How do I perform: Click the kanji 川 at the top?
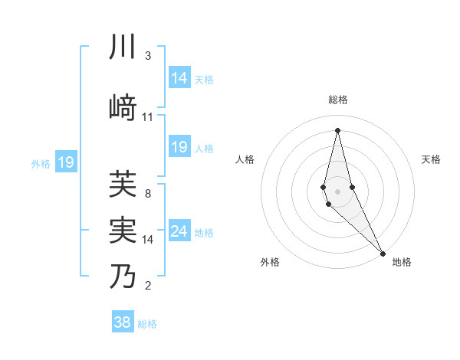123,48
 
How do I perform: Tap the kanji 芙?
123,184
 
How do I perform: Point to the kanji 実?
123,230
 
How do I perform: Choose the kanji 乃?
123,277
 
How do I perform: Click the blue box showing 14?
179,77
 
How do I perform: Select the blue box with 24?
179,231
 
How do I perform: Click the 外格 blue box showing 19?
66,162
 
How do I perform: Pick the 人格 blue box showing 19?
179,147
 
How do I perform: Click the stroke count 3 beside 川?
148,56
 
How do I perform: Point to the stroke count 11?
148,117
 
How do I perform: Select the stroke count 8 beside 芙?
147,194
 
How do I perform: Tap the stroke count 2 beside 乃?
148,286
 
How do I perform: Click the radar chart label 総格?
338,100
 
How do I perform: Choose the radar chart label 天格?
431,159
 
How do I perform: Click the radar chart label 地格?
402,262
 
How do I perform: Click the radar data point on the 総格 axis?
337,129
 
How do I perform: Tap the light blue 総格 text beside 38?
148,324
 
